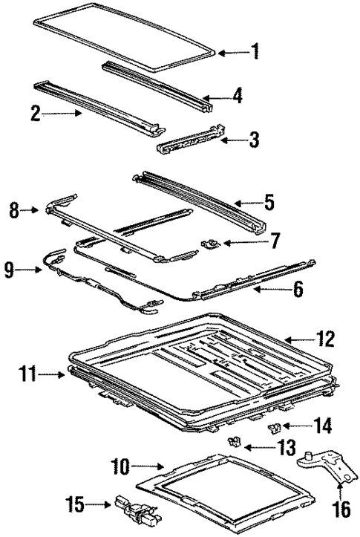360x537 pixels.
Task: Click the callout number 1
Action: [x=255, y=51]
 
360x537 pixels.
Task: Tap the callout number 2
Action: [x=35, y=114]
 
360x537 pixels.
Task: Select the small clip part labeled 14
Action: [x=273, y=426]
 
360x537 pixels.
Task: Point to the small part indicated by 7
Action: [x=211, y=243]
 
